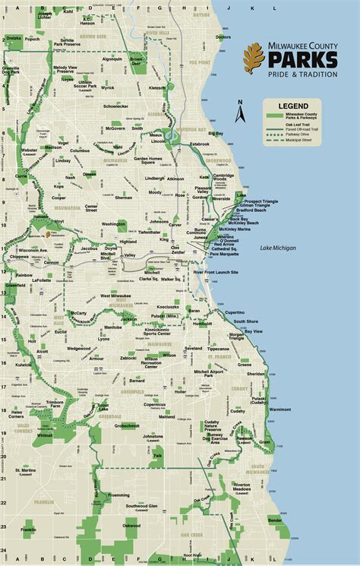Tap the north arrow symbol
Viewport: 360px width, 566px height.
(238, 112)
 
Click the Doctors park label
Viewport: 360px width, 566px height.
(223, 36)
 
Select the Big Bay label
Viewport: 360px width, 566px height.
(216, 134)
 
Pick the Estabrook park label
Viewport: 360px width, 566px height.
(200, 144)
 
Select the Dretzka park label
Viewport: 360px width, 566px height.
(14, 37)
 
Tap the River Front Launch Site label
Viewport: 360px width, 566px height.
(216, 272)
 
